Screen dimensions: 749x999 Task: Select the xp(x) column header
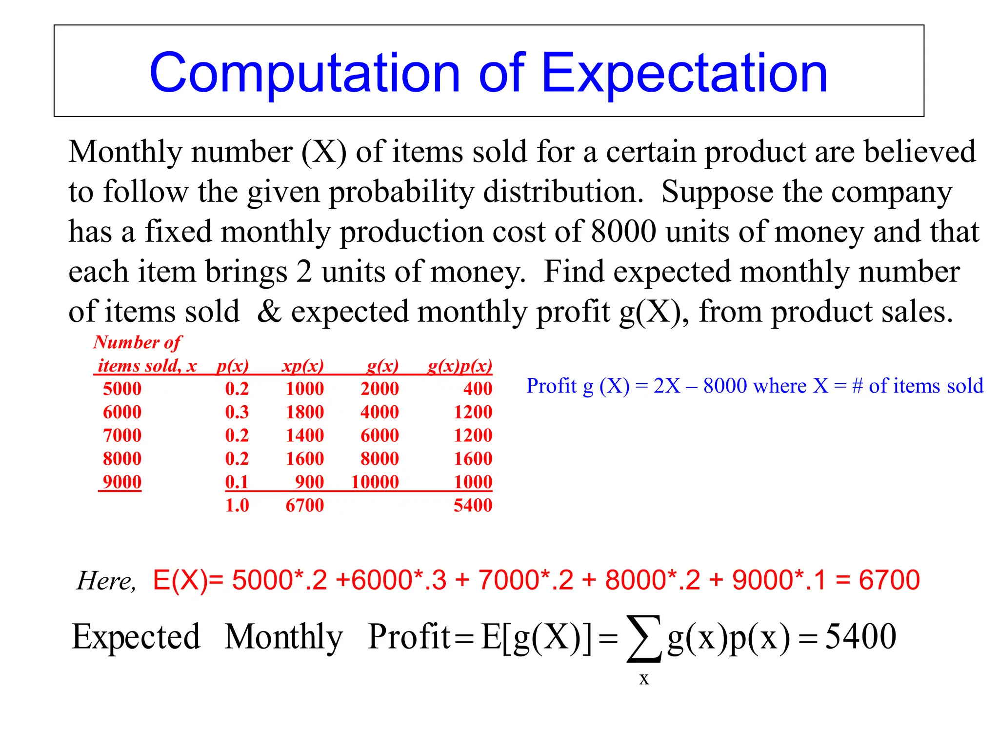[302, 365]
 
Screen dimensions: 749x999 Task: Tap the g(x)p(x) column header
[460, 365]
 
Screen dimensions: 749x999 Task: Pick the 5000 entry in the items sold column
[122, 389]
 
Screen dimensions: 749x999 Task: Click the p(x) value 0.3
[237, 412]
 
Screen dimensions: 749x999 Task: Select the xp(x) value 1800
[304, 412]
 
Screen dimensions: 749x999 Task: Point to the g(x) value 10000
[375, 482]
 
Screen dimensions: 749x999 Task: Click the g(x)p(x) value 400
[478, 389]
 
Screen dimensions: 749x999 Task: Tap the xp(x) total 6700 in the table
[304, 505]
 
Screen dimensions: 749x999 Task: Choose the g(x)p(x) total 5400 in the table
[473, 505]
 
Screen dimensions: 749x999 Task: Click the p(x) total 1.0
[237, 505]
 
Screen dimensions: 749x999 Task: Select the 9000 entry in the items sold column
[122, 482]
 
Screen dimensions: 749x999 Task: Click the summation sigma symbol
[644, 639]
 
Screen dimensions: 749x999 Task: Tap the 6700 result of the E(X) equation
[889, 580]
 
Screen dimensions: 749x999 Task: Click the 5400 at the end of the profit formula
[860, 636]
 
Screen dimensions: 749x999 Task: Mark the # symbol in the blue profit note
[857, 386]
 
